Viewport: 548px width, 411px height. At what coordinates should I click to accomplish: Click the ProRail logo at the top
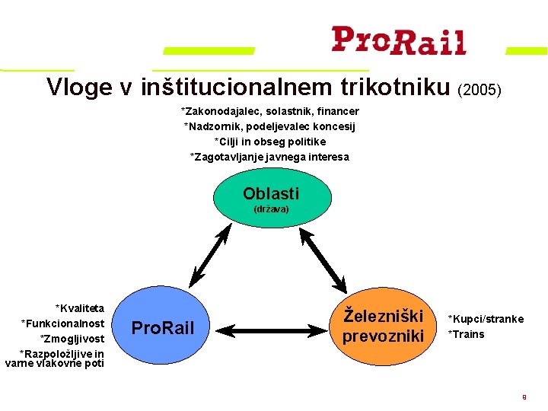(x=398, y=40)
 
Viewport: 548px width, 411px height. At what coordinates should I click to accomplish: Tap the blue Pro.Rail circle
(x=163, y=328)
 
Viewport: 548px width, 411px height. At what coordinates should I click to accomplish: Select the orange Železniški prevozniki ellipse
(x=383, y=324)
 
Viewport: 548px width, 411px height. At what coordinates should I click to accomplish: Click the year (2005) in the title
(x=479, y=90)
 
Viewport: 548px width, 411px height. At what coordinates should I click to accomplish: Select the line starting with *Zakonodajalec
(x=269, y=111)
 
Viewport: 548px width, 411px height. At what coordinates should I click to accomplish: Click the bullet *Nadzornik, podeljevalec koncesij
(x=269, y=126)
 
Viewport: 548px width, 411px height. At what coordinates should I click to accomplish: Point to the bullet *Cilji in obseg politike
(x=269, y=142)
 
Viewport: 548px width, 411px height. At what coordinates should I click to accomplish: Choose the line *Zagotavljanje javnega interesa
(x=269, y=157)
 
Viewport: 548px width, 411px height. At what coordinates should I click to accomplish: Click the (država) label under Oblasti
(x=271, y=209)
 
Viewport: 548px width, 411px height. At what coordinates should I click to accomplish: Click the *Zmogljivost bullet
(x=72, y=338)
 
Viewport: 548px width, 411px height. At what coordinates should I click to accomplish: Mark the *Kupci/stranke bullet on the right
(x=486, y=319)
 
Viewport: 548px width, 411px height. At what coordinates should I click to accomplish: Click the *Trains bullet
(x=466, y=334)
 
